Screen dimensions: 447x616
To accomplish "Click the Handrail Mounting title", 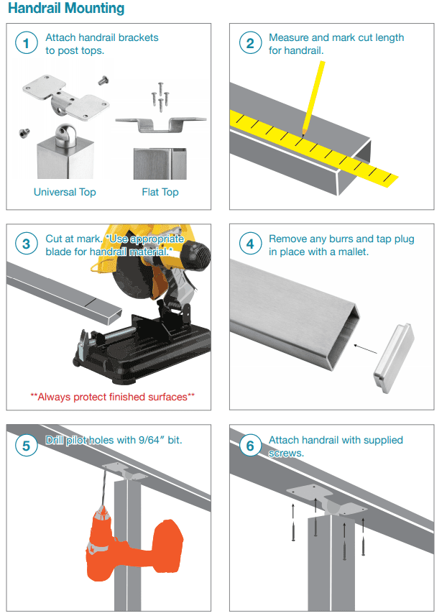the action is pos(66,8).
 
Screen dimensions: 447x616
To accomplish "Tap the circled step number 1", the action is pos(27,43).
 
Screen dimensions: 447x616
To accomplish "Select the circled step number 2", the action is pos(250,43).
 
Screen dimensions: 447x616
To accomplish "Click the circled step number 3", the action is pos(27,244).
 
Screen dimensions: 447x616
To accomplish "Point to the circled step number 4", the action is pos(250,244).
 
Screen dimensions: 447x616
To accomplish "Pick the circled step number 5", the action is pos(27,446).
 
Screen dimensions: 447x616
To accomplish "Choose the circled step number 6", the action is pos(250,446).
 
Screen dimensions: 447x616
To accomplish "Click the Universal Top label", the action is pos(65,192).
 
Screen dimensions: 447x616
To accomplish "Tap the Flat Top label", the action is pos(160,192).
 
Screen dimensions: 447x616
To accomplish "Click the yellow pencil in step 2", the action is pos(313,98).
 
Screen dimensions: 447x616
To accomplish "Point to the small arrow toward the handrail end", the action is pos(365,349).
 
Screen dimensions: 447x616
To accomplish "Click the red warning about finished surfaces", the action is pos(112,397).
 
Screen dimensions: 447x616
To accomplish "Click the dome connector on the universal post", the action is pos(65,136).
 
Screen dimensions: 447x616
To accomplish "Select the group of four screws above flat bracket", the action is pos(160,96).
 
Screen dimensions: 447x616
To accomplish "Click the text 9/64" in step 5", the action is pos(152,440).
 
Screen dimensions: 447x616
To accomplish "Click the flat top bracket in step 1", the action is pos(161,124).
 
